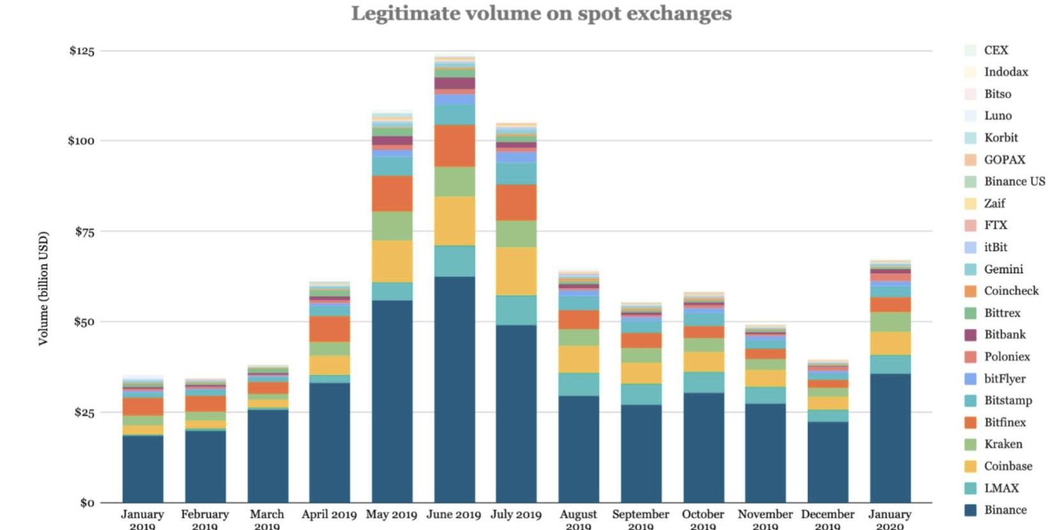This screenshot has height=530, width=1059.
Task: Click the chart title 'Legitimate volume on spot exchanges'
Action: [541, 13]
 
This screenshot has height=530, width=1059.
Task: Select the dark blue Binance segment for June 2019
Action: [454, 389]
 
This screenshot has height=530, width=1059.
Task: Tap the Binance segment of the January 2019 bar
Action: [142, 468]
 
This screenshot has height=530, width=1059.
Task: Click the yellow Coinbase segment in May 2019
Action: [392, 261]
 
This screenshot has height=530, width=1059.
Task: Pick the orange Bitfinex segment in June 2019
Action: [454, 146]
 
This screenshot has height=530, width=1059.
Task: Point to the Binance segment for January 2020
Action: [890, 437]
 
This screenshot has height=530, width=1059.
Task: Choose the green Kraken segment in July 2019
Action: [516, 234]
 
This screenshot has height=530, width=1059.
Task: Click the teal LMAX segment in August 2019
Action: [579, 384]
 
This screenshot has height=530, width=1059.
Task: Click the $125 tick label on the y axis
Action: [82, 51]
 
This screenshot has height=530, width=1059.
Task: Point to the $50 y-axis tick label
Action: [83, 322]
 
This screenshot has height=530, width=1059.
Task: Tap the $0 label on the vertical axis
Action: [87, 503]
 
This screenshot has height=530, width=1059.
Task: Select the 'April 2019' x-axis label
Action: [329, 515]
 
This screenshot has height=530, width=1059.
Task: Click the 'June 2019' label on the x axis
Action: [453, 515]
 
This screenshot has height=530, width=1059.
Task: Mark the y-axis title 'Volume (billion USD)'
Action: [43, 288]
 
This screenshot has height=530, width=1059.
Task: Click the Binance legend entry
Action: [1005, 510]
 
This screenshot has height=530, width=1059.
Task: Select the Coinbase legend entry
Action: [1007, 466]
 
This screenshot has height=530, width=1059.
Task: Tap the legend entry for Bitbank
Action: [1004, 335]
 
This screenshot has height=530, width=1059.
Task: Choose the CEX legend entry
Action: [995, 50]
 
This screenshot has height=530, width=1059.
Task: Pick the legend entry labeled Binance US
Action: [1014, 181]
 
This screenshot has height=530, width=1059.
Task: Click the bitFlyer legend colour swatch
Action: [970, 379]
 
